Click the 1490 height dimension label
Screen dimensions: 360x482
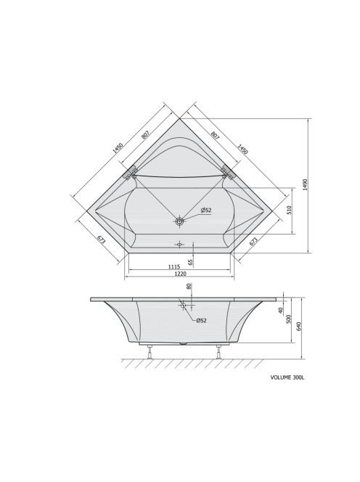point(305,184)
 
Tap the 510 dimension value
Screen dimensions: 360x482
point(289,211)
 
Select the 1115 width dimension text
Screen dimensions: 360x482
point(174,266)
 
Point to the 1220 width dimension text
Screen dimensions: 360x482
point(180,273)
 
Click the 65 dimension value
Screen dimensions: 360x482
point(190,262)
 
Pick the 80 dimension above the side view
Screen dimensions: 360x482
point(189,286)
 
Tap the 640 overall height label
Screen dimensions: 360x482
point(299,327)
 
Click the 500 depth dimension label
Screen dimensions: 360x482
point(288,319)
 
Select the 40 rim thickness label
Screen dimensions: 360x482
point(280,311)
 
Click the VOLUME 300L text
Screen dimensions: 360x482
point(287,377)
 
